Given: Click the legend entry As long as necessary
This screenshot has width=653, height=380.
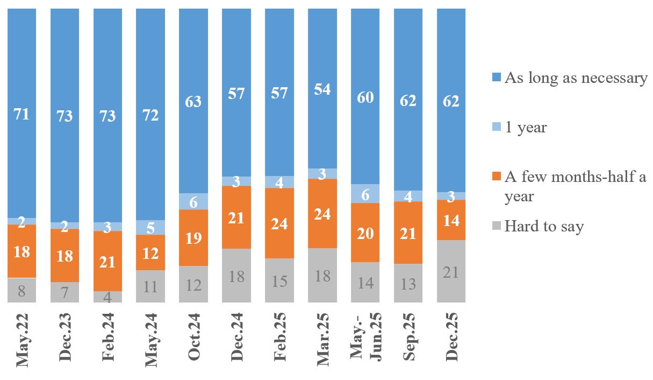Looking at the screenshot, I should pos(575,78).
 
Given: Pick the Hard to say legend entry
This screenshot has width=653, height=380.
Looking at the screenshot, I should pos(543,226).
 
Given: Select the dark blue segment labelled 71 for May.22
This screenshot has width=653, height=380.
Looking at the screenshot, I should pos(21,114).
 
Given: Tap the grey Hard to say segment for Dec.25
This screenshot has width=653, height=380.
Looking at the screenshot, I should pos(451,271).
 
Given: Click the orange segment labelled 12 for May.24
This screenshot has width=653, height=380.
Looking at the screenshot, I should pos(150,252).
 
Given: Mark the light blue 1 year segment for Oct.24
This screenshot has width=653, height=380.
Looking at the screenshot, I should pos(193,201).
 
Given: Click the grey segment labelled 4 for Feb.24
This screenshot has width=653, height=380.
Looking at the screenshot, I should pos(107,297).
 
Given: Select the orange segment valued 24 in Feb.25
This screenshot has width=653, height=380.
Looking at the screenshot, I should pos(279,223).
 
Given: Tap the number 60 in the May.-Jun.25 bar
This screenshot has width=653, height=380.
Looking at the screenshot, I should pos(365,97).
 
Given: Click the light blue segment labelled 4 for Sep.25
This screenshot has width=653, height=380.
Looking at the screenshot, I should pos(408,196).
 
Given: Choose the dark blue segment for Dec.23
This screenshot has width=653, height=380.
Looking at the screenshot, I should pos(64,115).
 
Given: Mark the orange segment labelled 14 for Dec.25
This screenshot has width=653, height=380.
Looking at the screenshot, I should pos(451,220).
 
